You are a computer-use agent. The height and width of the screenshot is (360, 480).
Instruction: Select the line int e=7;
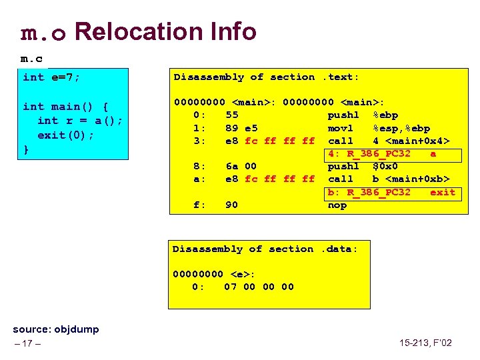51,77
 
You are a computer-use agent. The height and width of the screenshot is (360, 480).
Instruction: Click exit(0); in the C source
66,135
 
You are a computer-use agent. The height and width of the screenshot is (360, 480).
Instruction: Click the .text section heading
266,77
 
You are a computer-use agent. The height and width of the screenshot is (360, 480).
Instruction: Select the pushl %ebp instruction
361,115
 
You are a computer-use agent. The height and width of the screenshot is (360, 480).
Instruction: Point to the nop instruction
337,205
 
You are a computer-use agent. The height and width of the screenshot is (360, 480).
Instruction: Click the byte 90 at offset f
231,205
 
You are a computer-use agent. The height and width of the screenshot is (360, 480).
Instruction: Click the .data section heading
265,249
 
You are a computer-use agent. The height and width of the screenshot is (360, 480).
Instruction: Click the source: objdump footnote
56,329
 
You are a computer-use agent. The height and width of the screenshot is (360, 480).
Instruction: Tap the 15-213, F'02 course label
425,343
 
